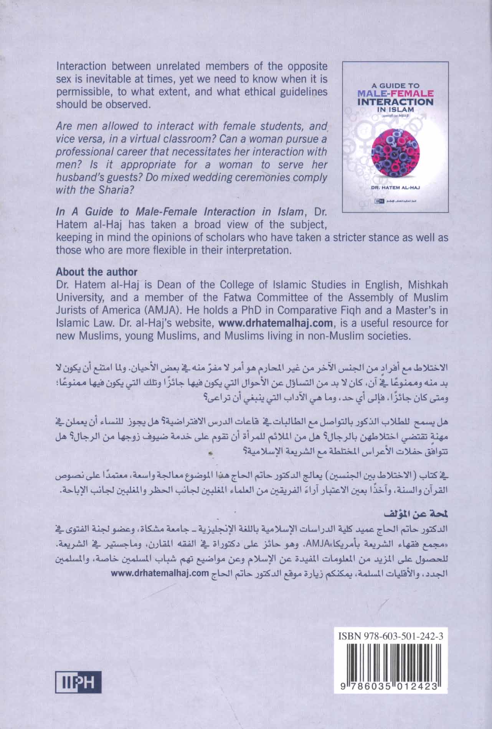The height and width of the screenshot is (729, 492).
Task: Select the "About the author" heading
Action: pos(97,272)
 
